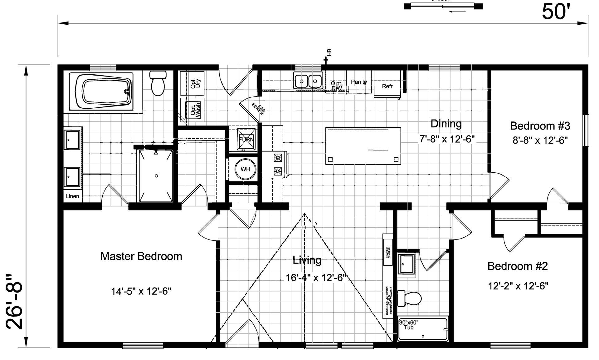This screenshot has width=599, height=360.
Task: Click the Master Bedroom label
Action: (141, 256)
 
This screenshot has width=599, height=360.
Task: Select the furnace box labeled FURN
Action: (246, 139)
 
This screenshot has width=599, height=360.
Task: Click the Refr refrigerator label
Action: (387, 86)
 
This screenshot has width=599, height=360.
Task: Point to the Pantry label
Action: (359, 82)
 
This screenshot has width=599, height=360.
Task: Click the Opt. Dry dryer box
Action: (192, 83)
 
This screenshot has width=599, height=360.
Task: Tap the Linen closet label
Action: (72, 196)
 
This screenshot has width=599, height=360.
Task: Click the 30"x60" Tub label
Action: (409, 325)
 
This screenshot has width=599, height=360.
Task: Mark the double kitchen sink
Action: (308, 81)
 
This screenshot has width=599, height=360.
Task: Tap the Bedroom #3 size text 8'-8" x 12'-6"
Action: (540, 140)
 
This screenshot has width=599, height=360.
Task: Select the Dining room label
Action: (446, 124)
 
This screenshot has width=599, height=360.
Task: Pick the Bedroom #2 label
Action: (518, 266)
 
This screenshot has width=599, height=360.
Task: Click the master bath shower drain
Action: (156, 176)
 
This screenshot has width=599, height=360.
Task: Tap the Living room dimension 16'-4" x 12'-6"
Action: (316, 277)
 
